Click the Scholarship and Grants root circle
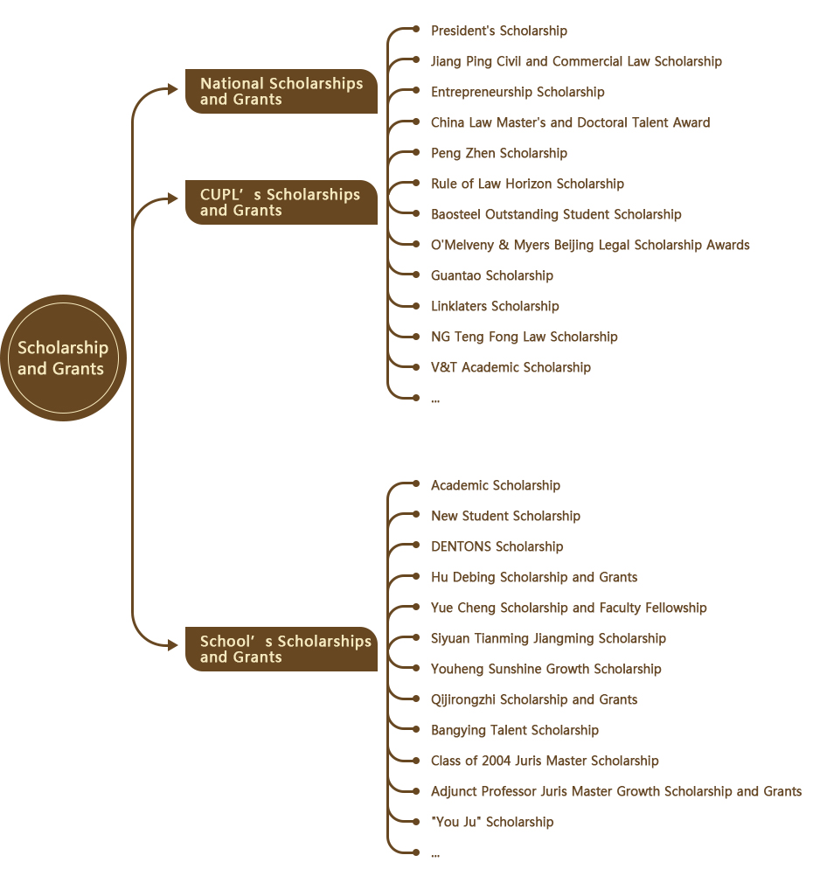pyautogui.click(x=64, y=358)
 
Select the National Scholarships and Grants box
pyautogui.click(x=281, y=91)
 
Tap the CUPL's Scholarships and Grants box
pyautogui.click(x=281, y=202)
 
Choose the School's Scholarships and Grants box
pyautogui.click(x=281, y=649)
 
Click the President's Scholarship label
pyautogui.click(x=499, y=31)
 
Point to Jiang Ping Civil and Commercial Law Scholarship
pyautogui.click(x=576, y=61)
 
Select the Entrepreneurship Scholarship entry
pyautogui.click(x=518, y=92)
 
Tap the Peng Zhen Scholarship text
pyautogui.click(x=499, y=153)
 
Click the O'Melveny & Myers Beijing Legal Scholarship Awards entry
pyautogui.click(x=590, y=245)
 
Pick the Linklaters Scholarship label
pyautogui.click(x=495, y=306)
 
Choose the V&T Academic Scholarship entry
pyautogui.click(x=511, y=367)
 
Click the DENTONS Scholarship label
pyautogui.click(x=497, y=546)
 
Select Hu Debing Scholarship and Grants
pyautogui.click(x=534, y=577)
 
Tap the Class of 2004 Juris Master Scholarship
pyautogui.click(x=545, y=761)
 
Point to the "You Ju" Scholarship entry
pyautogui.click(x=492, y=822)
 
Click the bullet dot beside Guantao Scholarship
pyautogui.click(x=416, y=275)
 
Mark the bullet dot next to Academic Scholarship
pyautogui.click(x=416, y=483)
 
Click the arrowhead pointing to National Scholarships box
pyautogui.click(x=173, y=89)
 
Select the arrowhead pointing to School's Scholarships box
pyautogui.click(x=173, y=645)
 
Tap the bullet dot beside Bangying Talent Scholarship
pyautogui.click(x=416, y=729)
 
